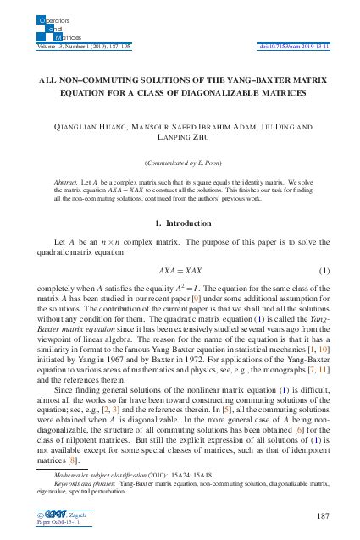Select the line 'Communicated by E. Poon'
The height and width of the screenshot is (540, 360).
pyautogui.click(x=180, y=161)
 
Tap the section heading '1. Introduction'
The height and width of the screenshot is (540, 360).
pyautogui.click(x=179, y=223)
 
